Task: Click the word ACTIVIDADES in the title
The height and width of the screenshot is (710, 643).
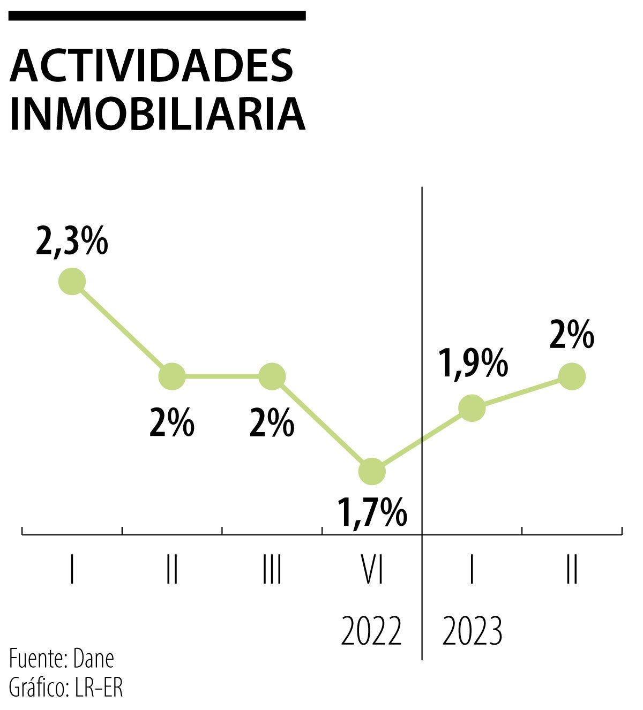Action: [152, 66]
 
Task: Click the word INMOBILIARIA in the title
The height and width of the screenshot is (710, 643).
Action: [157, 114]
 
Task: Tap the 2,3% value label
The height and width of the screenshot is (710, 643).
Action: [72, 242]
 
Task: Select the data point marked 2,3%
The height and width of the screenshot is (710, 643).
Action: [72, 281]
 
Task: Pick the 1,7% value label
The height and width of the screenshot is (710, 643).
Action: [372, 512]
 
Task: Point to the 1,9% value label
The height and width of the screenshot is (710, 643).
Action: [473, 363]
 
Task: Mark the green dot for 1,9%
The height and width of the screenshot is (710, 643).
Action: [472, 408]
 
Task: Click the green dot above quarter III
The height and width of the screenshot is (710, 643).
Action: [272, 376]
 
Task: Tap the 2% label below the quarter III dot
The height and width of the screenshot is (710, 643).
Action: [272, 423]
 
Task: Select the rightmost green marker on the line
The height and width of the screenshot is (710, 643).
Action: [572, 376]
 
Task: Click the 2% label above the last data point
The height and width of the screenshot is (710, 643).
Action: [572, 335]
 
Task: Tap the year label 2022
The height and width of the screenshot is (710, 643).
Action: [371, 631]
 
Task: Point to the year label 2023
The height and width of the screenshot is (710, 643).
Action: [472, 631]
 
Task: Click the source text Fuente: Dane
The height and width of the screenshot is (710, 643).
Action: [62, 659]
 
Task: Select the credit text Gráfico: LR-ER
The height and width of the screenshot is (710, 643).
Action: [66, 688]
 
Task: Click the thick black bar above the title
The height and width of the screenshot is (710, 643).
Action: [157, 16]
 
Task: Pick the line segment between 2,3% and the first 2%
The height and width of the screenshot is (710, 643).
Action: [122, 329]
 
